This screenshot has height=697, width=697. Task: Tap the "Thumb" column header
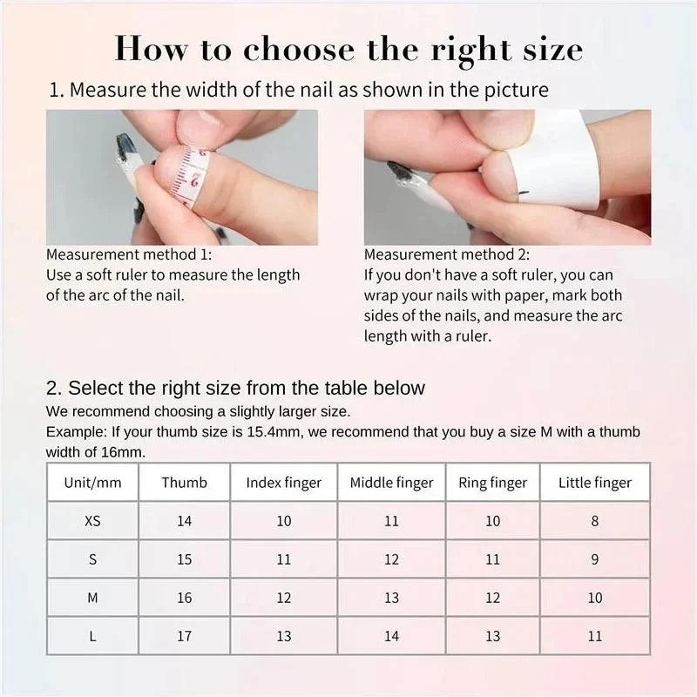click(x=184, y=483)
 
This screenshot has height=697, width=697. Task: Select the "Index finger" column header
click(x=283, y=483)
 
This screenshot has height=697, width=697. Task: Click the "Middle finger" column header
click(x=391, y=483)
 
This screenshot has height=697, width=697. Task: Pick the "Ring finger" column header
click(x=492, y=483)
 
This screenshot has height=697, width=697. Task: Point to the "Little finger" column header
click(x=595, y=483)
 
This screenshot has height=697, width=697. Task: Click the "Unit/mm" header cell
click(x=92, y=483)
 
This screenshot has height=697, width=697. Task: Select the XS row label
click(x=92, y=521)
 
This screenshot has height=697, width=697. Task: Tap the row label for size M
click(x=92, y=598)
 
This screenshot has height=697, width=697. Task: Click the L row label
click(x=92, y=636)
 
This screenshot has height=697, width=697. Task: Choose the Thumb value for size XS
click(x=184, y=521)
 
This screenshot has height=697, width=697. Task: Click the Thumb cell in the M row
click(x=184, y=598)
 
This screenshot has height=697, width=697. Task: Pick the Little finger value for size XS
click(x=595, y=521)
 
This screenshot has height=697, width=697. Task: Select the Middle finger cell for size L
click(x=391, y=636)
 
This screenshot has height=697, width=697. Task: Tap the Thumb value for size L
click(x=184, y=636)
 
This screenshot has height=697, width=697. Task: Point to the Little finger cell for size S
click(x=595, y=559)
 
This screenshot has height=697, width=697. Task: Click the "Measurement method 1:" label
click(x=128, y=255)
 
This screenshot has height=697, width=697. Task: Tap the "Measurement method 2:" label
click(x=446, y=255)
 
